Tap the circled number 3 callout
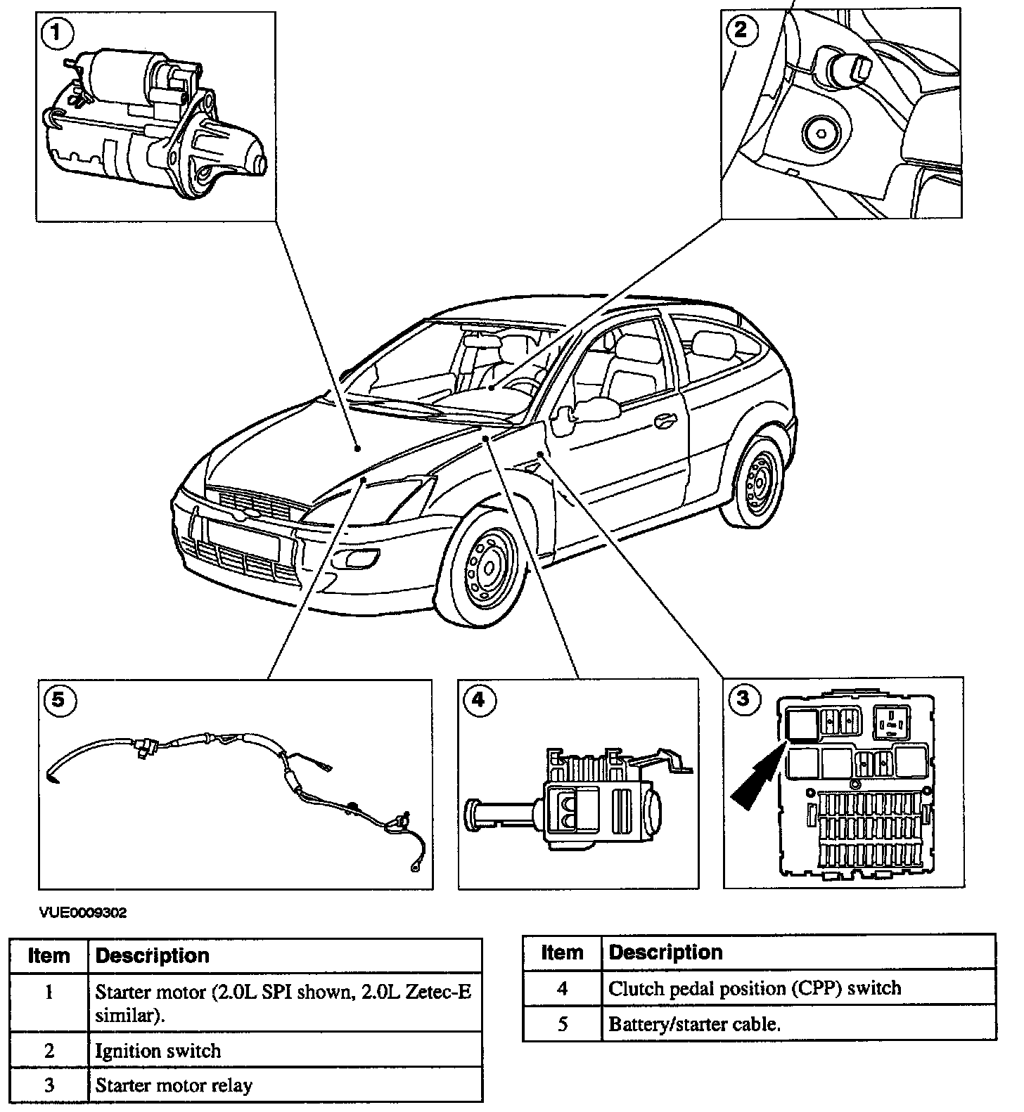pos(743,698)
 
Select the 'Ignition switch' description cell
pos(285,1051)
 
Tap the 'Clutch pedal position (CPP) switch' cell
pos(799,988)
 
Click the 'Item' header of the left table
pos(49,956)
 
